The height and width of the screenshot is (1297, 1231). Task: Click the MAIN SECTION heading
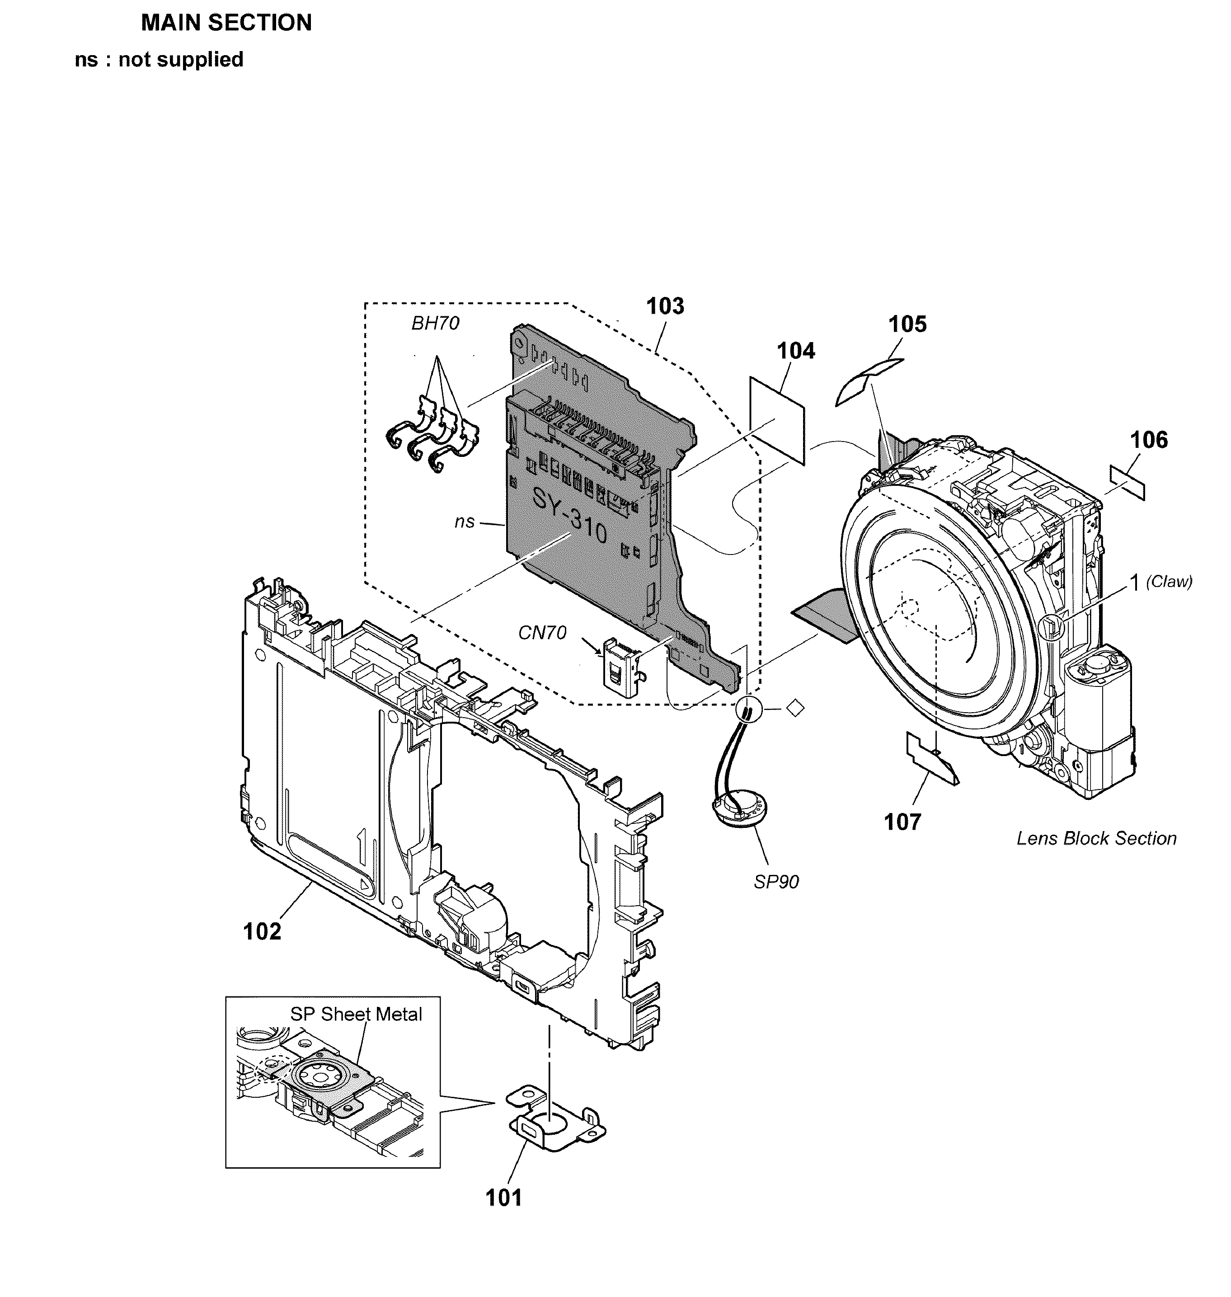(x=226, y=23)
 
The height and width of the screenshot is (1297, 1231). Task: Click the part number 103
(x=665, y=306)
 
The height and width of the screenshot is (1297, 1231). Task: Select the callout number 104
(x=796, y=351)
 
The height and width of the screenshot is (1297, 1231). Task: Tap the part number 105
(x=907, y=324)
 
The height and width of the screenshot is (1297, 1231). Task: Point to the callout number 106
(x=1149, y=440)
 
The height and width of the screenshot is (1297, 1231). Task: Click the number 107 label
(x=902, y=822)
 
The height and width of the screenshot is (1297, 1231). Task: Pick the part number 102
(x=262, y=931)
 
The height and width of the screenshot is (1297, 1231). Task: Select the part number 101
(x=503, y=1198)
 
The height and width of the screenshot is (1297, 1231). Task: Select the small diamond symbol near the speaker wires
(x=794, y=709)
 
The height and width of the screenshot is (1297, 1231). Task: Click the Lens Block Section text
(x=1096, y=838)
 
